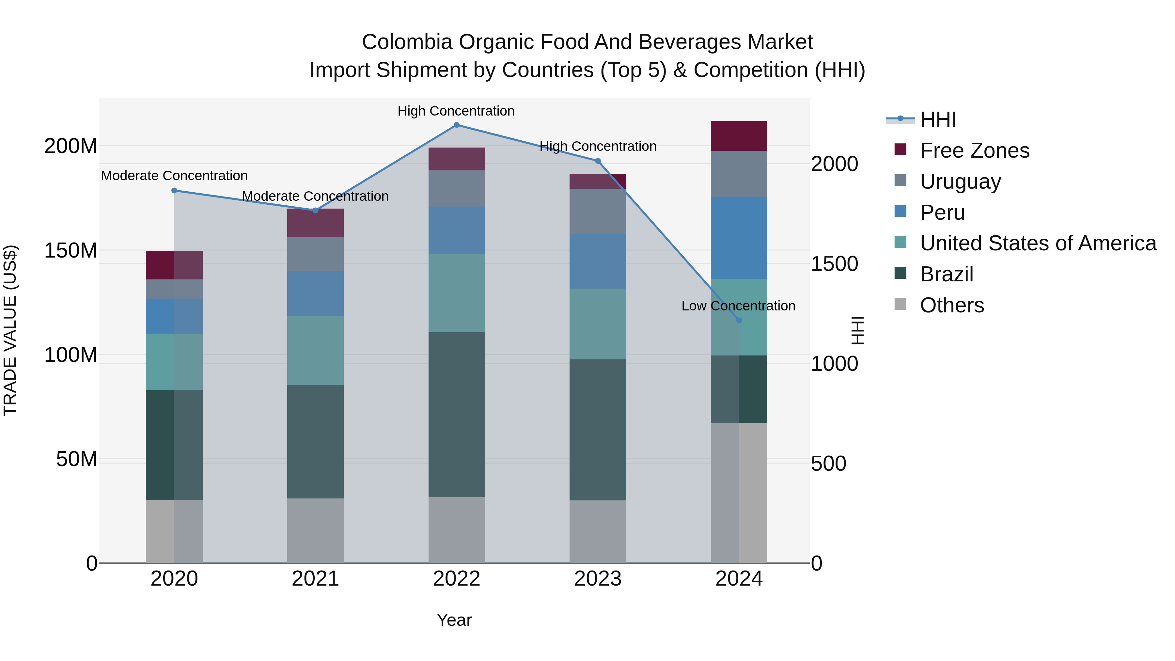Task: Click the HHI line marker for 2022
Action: point(457,125)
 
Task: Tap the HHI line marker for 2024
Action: point(739,320)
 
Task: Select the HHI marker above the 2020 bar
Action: point(174,191)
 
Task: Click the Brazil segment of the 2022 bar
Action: point(457,414)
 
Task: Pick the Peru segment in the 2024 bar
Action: point(739,238)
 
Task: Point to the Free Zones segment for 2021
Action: point(315,223)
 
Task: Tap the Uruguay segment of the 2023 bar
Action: point(598,211)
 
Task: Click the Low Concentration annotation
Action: point(738,306)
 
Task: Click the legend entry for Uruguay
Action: point(960,181)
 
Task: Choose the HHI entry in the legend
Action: point(938,119)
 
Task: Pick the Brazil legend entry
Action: point(947,274)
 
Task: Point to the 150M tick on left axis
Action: point(71,250)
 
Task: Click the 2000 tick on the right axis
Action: point(834,164)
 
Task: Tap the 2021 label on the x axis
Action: point(315,579)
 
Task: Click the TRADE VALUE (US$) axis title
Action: point(10,330)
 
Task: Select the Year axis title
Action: point(454,620)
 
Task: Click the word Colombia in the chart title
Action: point(407,42)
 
